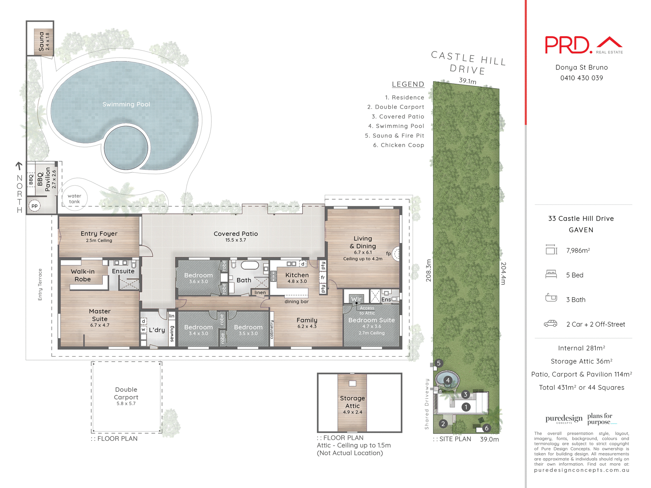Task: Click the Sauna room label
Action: coord(42,41)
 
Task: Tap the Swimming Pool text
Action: coord(126,104)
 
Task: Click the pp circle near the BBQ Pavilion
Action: coord(35,206)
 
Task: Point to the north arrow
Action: coord(19,166)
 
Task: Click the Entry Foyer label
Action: coord(99,234)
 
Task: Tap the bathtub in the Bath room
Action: coord(250,265)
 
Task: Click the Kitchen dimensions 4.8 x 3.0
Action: coord(297,281)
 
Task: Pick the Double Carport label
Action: coord(126,393)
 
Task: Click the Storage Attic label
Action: coord(353,402)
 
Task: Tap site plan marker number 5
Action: coord(439,363)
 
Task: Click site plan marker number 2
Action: coord(443,424)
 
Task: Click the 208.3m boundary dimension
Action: coord(429,270)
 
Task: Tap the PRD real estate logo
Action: coord(583,45)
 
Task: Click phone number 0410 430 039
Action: coord(581,78)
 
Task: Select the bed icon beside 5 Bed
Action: coord(551,274)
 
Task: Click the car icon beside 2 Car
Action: coord(550,324)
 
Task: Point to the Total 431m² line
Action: coord(581,387)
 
